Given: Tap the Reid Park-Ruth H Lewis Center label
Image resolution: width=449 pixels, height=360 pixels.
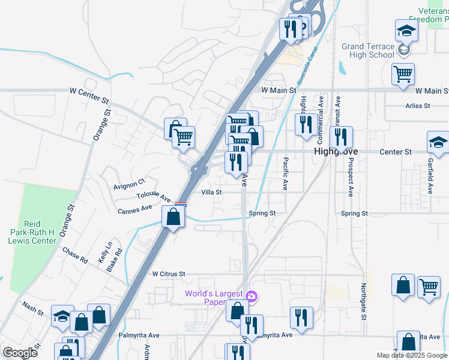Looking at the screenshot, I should click(x=34, y=231).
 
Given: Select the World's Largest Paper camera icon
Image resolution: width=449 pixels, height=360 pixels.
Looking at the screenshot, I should click(x=252, y=295).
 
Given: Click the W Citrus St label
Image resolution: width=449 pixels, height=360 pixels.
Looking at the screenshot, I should click(x=169, y=274).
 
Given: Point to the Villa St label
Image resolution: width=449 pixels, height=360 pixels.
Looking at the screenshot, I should click(x=211, y=193).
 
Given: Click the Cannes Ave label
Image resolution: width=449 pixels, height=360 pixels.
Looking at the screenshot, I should click(x=135, y=211).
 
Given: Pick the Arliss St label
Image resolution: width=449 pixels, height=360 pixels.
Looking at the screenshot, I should click(x=418, y=106).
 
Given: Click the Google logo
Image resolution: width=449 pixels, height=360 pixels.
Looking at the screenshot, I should click(x=20, y=352).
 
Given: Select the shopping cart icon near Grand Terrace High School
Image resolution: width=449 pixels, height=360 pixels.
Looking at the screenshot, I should click(x=403, y=74).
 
